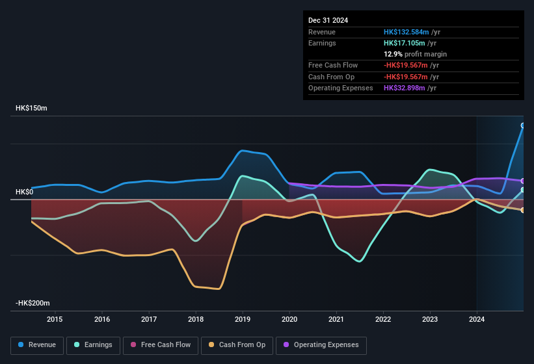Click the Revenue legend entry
pos(37,345)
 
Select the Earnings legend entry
pos(94,345)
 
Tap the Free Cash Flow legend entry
pos(161,345)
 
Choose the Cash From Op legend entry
pos(237,345)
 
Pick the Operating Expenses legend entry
pos(321,345)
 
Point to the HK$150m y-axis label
pos(31,108)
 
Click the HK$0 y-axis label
pos(25,192)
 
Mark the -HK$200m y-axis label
pos(33,304)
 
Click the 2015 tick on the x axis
pos(55,319)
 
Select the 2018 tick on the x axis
pos(195,319)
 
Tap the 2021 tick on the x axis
pos(336,319)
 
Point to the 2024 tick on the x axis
pos(477,319)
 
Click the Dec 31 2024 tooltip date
pos(328,20)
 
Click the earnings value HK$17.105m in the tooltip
pos(404,43)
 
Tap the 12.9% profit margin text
pos(415,54)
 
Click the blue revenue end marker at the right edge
pos(523,125)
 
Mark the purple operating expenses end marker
pos(523,181)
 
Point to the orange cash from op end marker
pos(523,210)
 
